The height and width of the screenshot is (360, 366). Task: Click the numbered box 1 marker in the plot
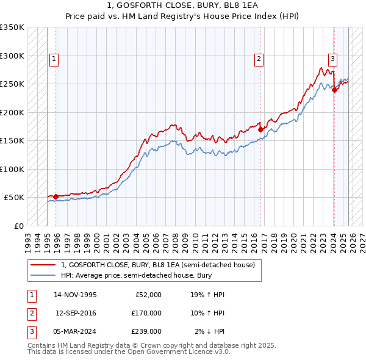pyautogui.click(x=54, y=59)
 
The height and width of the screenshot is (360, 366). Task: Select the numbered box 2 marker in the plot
pyautogui.click(x=259, y=59)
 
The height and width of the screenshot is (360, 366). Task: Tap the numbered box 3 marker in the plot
pyautogui.click(x=332, y=59)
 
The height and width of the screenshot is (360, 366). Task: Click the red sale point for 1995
pyautogui.click(x=56, y=196)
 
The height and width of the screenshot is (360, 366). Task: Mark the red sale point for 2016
pyautogui.click(x=260, y=129)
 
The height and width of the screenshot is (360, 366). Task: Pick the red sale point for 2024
pyautogui.click(x=334, y=90)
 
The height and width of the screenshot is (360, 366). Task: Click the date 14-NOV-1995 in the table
pyautogui.click(x=75, y=295)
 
